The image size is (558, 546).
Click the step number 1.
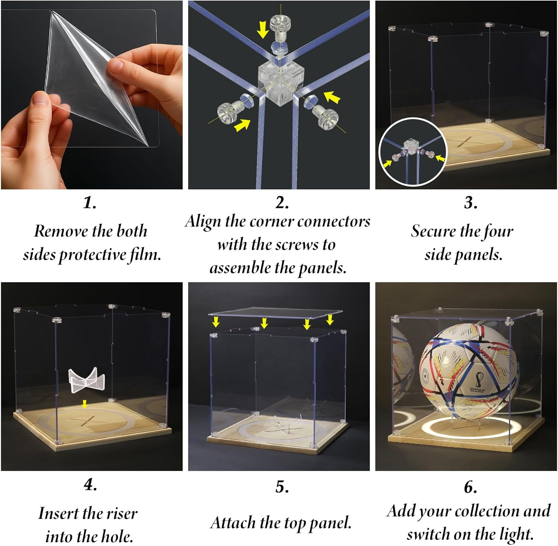(90, 203)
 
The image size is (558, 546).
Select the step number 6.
(470, 487)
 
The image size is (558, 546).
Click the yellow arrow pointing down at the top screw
(263, 29)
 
